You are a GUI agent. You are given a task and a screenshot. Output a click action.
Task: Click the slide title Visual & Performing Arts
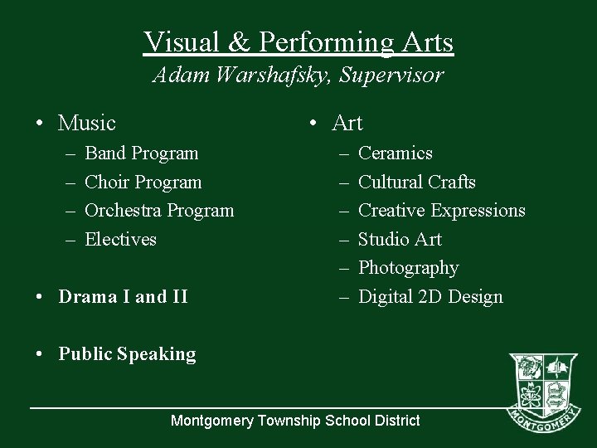(x=298, y=41)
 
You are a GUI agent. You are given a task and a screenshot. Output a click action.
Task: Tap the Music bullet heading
(x=87, y=124)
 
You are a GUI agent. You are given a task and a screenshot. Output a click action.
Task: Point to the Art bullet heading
(x=347, y=124)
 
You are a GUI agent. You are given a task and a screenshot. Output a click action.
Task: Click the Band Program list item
(x=142, y=153)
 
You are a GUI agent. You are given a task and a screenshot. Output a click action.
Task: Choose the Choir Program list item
(x=143, y=182)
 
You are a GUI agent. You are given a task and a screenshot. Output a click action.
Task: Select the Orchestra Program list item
(x=159, y=211)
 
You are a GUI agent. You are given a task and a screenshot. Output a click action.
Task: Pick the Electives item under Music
(x=121, y=240)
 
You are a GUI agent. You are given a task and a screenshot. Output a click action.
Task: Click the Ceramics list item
(x=395, y=153)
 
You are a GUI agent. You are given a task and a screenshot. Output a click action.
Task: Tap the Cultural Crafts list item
(x=416, y=182)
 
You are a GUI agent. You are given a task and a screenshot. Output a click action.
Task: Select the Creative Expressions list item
(x=441, y=211)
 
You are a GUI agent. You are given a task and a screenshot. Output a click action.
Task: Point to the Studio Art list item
(x=400, y=240)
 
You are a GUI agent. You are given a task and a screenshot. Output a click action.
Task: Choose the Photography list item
(x=408, y=268)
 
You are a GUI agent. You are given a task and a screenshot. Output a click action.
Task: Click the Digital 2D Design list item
(x=430, y=297)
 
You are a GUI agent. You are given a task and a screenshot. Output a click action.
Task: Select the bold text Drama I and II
(x=123, y=297)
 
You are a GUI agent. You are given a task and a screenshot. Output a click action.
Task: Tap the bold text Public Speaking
(x=127, y=354)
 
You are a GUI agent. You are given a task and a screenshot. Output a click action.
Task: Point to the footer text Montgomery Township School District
(x=295, y=421)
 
